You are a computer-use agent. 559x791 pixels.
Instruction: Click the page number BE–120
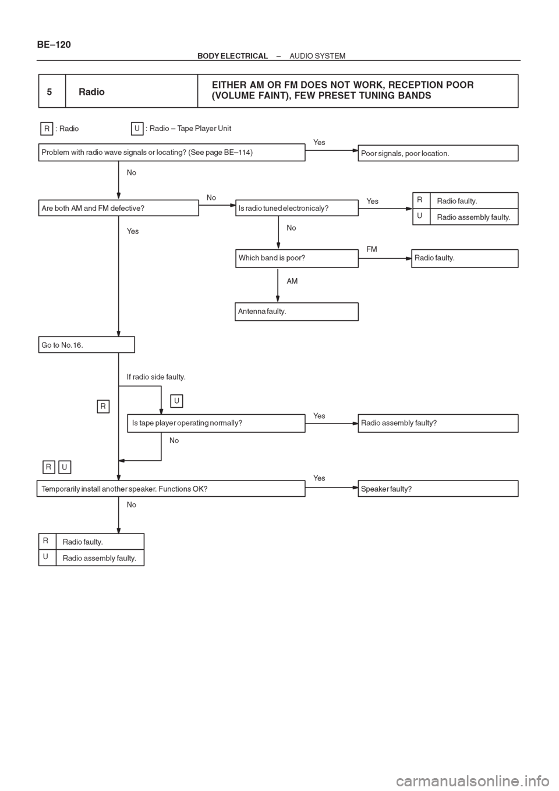(x=54, y=44)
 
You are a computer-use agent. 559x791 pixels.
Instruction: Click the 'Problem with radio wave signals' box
(x=172, y=152)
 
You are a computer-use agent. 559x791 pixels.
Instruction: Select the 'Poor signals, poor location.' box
(x=438, y=153)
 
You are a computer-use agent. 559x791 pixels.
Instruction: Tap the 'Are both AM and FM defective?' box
(x=119, y=208)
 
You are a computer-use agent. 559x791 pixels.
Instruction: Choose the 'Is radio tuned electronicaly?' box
(x=297, y=208)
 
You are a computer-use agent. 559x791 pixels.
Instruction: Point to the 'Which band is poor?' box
(x=297, y=258)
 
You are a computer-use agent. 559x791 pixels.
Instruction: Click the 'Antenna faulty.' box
(x=296, y=312)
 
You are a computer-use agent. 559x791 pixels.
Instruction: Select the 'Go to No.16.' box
(x=86, y=345)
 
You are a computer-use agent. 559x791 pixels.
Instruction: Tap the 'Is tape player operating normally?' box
(x=216, y=423)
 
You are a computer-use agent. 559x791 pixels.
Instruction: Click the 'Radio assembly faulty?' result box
(x=438, y=423)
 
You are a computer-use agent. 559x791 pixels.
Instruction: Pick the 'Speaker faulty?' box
(x=438, y=489)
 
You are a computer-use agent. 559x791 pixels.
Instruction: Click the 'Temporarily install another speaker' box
(x=171, y=489)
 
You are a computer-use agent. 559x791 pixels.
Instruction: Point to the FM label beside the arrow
(x=372, y=249)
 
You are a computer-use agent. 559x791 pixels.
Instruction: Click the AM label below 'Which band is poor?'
(x=292, y=281)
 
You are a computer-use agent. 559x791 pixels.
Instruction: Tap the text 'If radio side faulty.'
(x=156, y=377)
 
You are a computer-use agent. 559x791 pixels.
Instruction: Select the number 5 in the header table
(x=49, y=92)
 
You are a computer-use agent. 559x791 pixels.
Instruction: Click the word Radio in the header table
(x=91, y=92)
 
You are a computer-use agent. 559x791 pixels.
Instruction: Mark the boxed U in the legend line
(x=137, y=129)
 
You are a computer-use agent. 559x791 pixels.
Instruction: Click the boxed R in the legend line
(x=47, y=129)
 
